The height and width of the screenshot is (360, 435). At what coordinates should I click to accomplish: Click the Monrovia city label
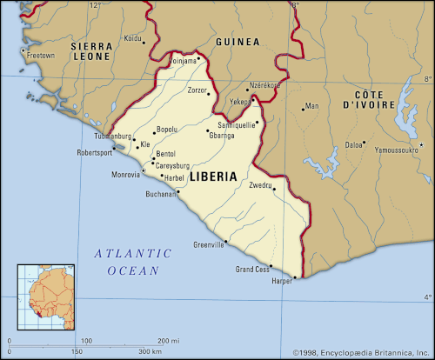124,175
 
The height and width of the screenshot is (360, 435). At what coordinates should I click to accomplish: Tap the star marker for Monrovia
144,170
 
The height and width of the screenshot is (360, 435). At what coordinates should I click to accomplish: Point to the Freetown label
41,56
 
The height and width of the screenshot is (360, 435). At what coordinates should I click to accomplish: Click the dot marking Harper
295,278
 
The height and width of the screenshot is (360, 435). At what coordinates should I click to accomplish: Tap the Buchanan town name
163,194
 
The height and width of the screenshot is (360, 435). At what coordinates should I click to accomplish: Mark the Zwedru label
261,186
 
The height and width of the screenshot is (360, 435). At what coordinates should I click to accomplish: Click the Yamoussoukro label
391,150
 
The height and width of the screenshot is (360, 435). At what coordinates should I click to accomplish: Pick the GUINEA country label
238,42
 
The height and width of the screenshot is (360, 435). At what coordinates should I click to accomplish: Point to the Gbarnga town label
223,136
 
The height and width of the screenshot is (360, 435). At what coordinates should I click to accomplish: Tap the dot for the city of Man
303,108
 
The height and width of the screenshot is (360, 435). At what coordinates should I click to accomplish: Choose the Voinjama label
183,61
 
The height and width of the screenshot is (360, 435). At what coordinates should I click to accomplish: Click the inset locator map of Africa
45,295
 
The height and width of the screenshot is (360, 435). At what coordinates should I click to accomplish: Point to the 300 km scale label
149,351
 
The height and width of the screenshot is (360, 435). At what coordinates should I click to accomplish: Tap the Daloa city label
353,144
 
